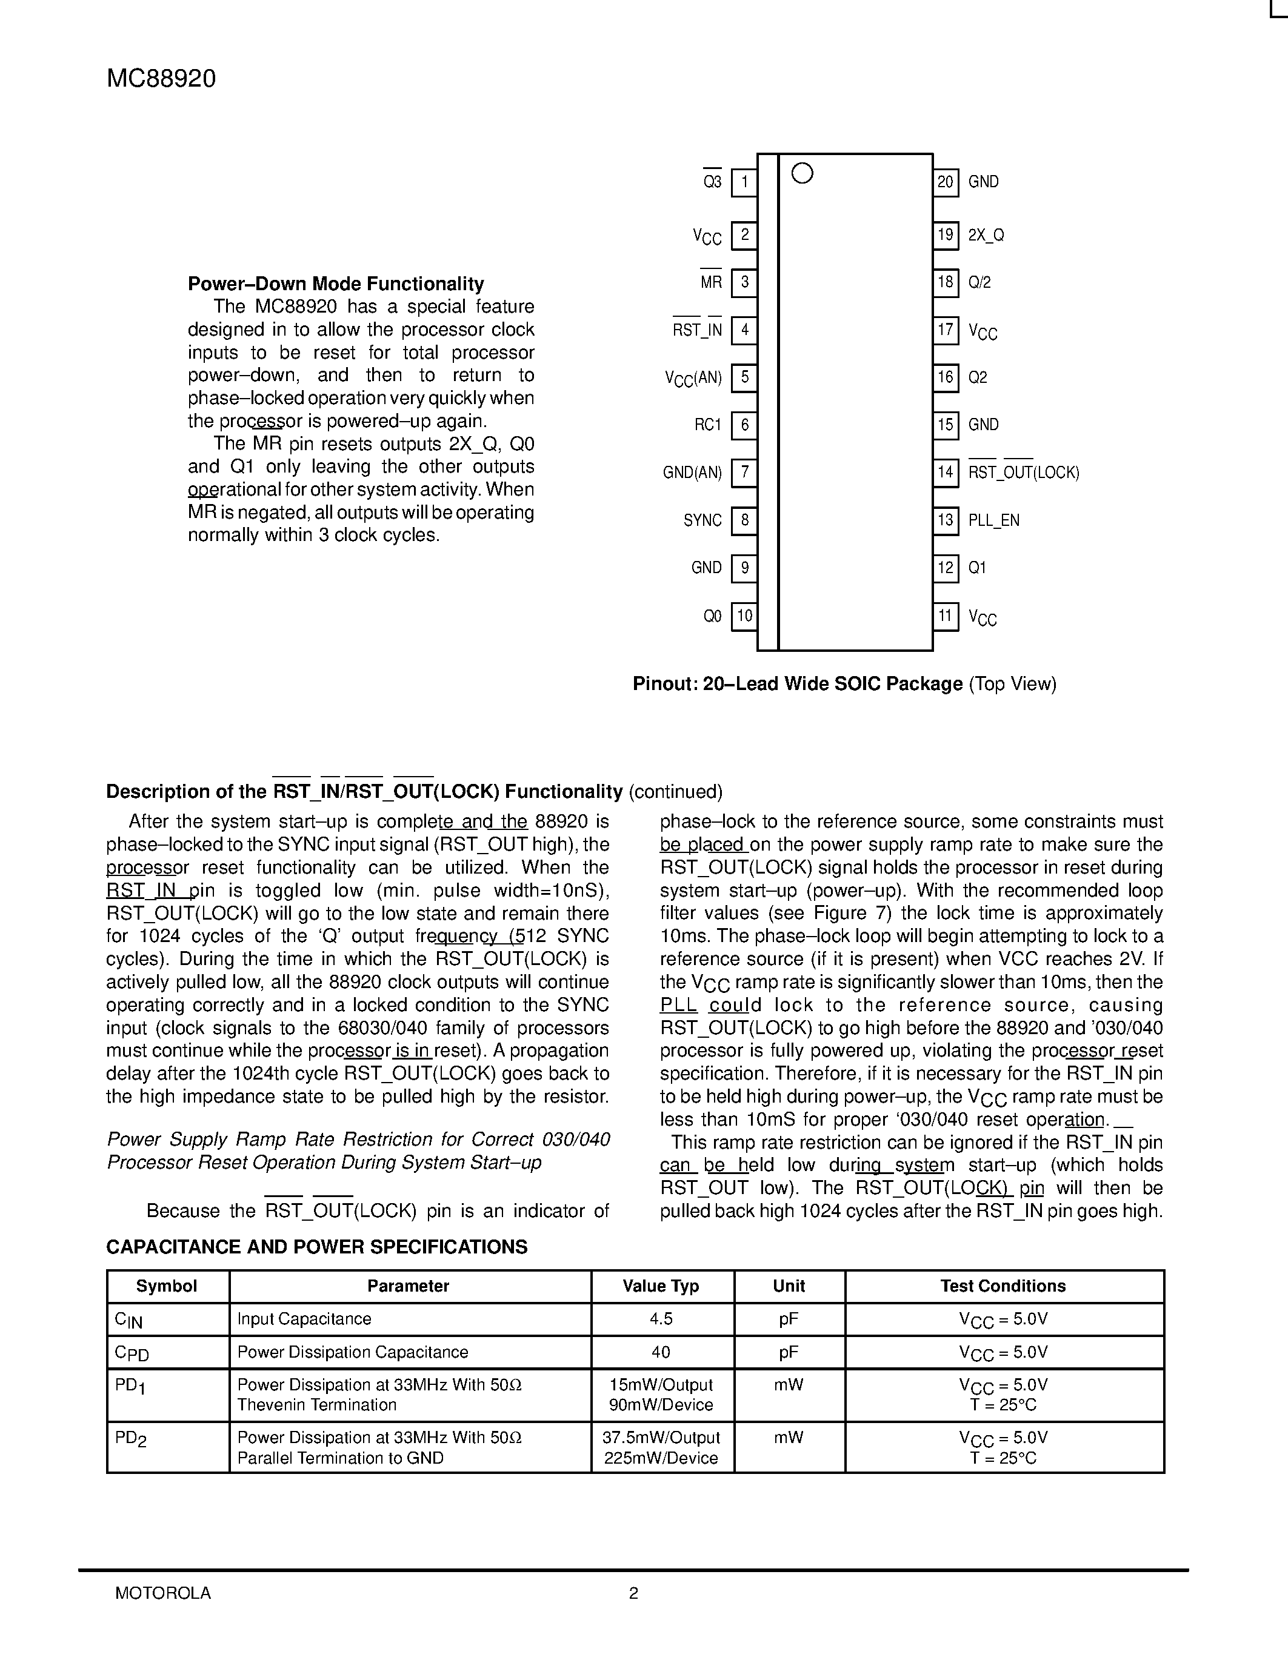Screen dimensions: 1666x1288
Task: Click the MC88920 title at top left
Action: click(161, 79)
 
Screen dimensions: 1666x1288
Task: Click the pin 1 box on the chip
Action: click(744, 182)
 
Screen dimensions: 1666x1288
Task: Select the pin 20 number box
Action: click(946, 182)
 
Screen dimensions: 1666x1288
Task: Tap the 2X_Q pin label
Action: click(986, 235)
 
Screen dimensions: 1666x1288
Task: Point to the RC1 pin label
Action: click(707, 425)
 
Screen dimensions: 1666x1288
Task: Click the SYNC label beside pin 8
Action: click(702, 520)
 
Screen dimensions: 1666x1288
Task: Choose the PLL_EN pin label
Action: click(993, 520)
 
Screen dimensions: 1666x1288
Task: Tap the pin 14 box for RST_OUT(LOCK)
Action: click(946, 472)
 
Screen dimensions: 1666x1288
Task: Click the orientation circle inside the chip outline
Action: click(802, 174)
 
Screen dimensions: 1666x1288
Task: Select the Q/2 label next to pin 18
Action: click(979, 282)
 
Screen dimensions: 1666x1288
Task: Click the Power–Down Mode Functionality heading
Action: click(336, 284)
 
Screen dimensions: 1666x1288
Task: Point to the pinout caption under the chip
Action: click(844, 683)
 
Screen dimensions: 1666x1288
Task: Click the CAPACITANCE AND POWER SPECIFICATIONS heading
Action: click(316, 1246)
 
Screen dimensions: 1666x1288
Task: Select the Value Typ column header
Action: click(661, 1286)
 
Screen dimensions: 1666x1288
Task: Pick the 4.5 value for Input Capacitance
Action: click(661, 1319)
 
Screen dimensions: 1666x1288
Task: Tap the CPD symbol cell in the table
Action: click(132, 1352)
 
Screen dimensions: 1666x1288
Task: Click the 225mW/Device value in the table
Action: click(661, 1458)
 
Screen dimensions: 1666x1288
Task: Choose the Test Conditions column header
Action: click(1003, 1286)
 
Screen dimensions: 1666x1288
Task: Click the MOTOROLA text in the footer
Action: click(162, 1593)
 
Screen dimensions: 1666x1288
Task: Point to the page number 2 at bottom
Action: click(633, 1593)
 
